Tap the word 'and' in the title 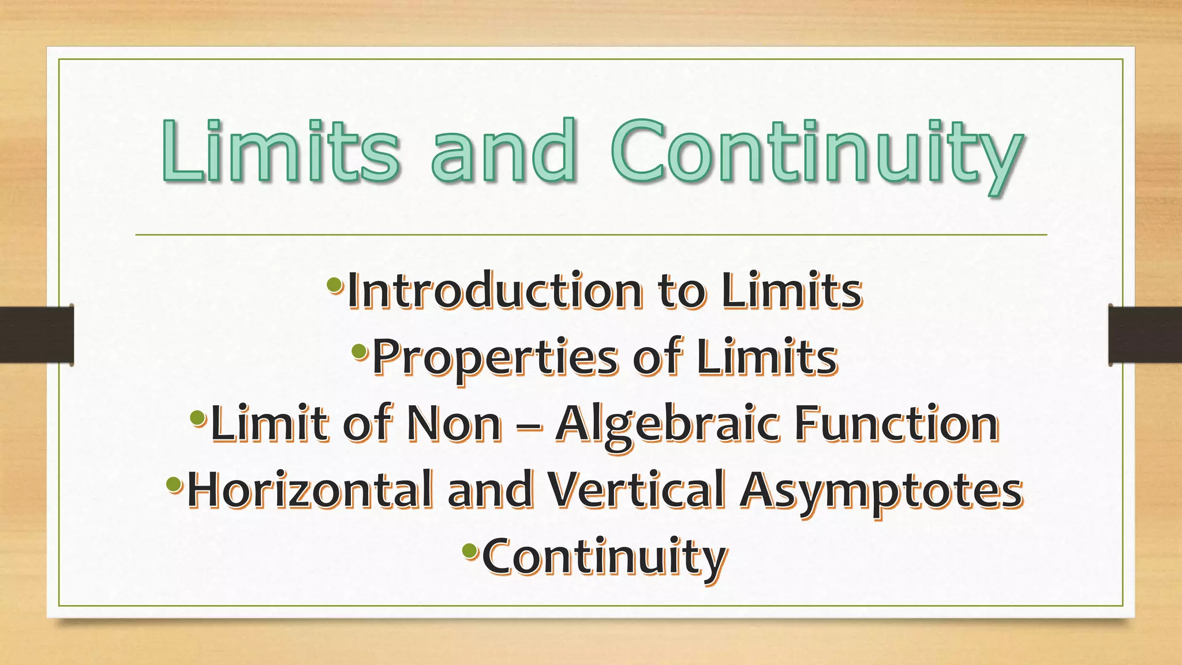point(504,151)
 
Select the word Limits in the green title point(280,151)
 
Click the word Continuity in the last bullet point(604,556)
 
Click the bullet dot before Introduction point(334,284)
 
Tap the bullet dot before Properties point(360,350)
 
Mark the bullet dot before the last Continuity point(470,550)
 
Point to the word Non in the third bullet point(454,424)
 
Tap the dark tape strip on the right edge point(1145,335)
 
